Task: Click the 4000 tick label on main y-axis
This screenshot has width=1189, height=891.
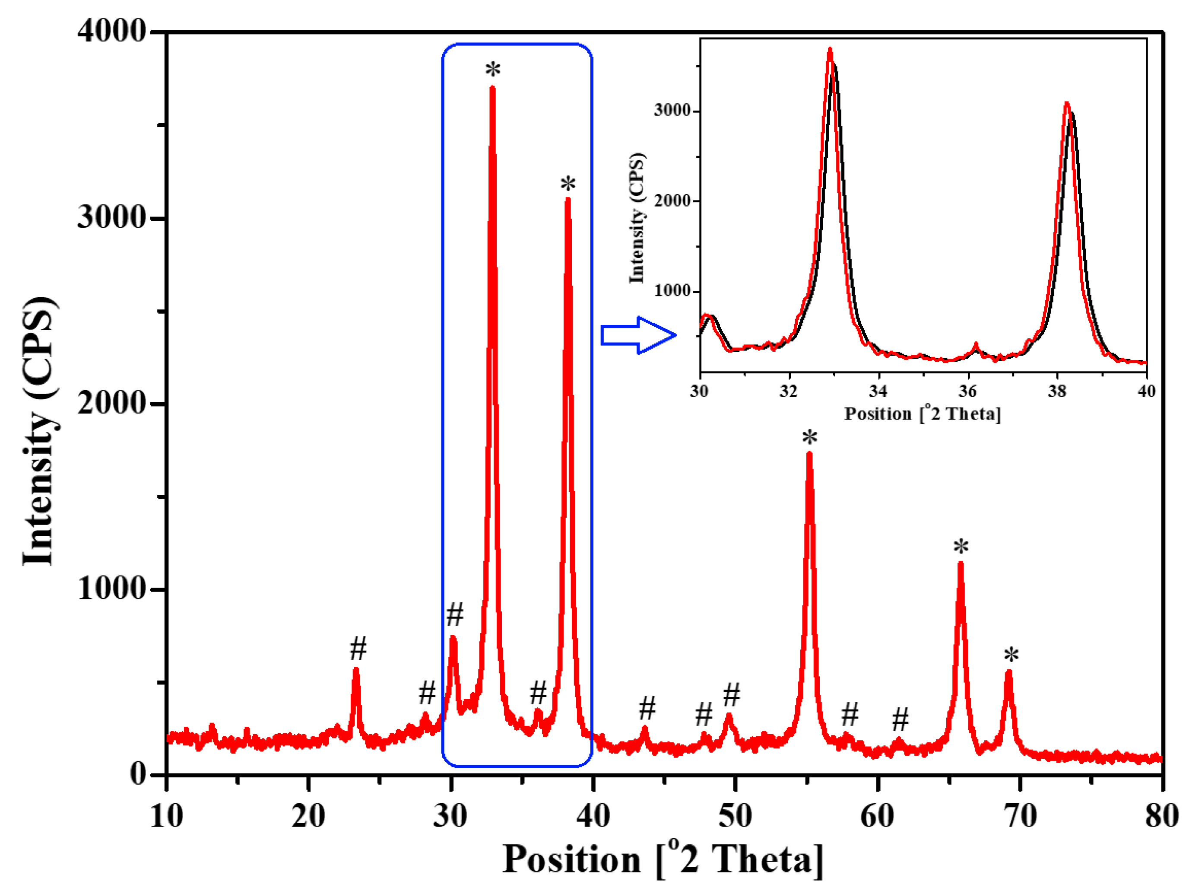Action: (112, 31)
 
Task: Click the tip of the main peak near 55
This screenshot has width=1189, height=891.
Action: (809, 455)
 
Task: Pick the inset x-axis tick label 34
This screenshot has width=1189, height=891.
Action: (878, 391)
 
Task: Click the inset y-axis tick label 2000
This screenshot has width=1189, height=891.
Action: (672, 200)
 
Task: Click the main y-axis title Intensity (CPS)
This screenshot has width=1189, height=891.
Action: (39, 430)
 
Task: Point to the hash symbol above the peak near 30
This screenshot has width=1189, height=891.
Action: (455, 614)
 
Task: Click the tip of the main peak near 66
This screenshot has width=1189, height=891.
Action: (961, 564)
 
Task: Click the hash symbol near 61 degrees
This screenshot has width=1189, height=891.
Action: (900, 719)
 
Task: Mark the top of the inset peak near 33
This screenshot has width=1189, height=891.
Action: (830, 49)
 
